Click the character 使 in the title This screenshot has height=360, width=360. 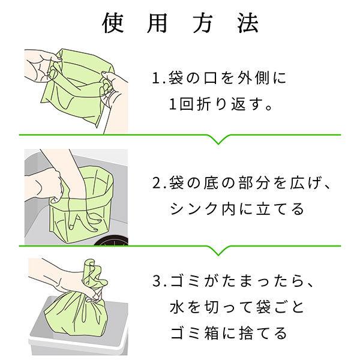(x=113, y=23)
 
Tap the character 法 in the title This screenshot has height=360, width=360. (x=248, y=23)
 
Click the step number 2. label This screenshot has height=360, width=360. (x=160, y=183)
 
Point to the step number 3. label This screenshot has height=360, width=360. (x=160, y=281)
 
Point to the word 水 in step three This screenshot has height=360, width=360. (x=178, y=307)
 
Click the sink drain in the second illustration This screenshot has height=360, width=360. (x=111, y=241)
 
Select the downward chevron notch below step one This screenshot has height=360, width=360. (x=218, y=139)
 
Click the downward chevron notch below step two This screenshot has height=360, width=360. (x=218, y=250)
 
